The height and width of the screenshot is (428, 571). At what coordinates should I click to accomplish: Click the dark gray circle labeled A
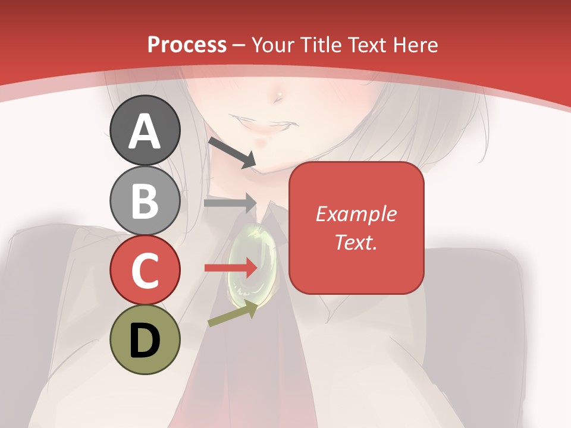coord(145,130)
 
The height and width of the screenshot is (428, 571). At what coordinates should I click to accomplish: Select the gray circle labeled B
coord(145,200)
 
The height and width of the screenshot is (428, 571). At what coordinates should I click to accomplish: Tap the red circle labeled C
coord(145,270)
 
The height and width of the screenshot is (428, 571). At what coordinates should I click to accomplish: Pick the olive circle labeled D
coord(145,339)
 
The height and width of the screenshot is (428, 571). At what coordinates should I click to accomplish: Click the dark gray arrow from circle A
coord(231,152)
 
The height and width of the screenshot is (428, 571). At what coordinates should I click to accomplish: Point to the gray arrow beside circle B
coord(230,203)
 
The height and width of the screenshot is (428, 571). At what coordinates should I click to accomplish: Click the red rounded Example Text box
coord(356,228)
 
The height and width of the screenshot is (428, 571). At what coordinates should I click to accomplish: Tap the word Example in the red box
coord(356,214)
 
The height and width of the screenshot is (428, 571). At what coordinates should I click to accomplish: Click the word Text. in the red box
coord(356,242)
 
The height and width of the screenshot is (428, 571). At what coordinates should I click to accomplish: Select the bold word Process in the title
coord(187,45)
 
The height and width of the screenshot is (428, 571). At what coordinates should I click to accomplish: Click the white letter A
coord(145,131)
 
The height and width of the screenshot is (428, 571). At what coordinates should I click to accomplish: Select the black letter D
coord(145,340)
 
